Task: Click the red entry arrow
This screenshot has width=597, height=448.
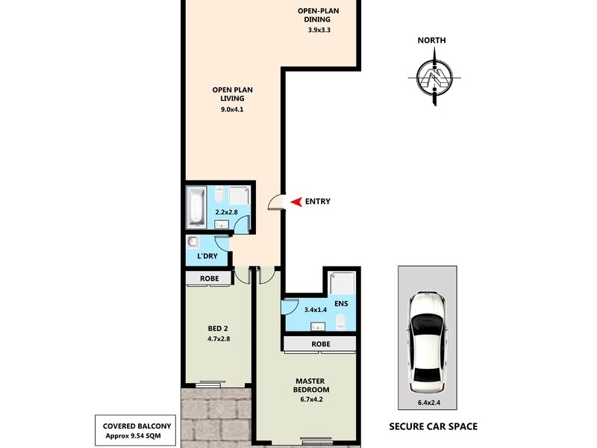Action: coord(296,202)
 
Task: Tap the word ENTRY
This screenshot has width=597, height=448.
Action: coord(317,202)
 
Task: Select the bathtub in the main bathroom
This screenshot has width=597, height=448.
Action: coord(195,207)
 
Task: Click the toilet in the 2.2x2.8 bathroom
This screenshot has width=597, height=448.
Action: coord(219,196)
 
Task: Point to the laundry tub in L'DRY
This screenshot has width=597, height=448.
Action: coord(193,242)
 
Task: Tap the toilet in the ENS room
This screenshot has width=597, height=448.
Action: coord(341,320)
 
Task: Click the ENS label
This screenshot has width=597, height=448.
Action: coord(341,304)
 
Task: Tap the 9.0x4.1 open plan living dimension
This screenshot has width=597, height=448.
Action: coord(232,110)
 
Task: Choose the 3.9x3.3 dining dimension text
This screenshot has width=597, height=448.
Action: coord(319,31)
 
